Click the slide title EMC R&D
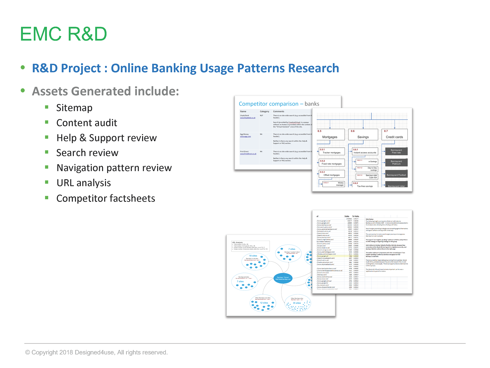tap(63, 34)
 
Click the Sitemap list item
tap(74, 108)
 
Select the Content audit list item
tap(87, 123)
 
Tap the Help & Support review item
tap(106, 138)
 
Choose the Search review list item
tap(87, 153)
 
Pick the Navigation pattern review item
tap(114, 168)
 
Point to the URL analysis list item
tap(84, 183)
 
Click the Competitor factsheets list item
tap(106, 198)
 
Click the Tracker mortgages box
tap(332, 152)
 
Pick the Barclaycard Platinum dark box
tap(396, 163)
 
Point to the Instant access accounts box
tap(365, 152)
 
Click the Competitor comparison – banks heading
tap(279, 104)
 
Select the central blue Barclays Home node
tap(283, 278)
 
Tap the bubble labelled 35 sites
tap(297, 304)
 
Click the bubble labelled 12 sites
tap(263, 303)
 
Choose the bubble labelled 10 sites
tap(255, 261)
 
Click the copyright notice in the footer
tap(96, 352)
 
